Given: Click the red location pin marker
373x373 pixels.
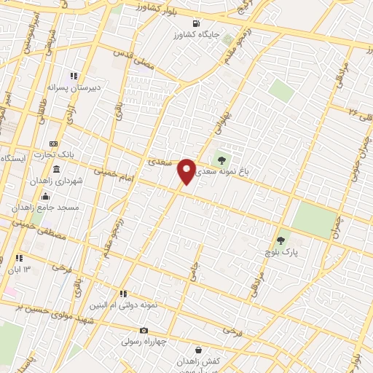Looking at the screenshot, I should click(x=186, y=171).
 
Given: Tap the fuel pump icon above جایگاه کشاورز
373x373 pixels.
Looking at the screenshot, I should click(x=196, y=23).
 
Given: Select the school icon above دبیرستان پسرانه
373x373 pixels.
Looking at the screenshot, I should click(x=73, y=76).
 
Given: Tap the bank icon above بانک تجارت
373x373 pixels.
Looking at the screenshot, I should click(x=53, y=144).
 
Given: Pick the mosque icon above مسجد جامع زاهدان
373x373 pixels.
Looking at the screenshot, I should click(x=45, y=195).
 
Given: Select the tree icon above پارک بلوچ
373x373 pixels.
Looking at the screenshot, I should click(x=281, y=240).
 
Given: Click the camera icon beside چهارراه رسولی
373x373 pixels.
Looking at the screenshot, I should click(x=143, y=331).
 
